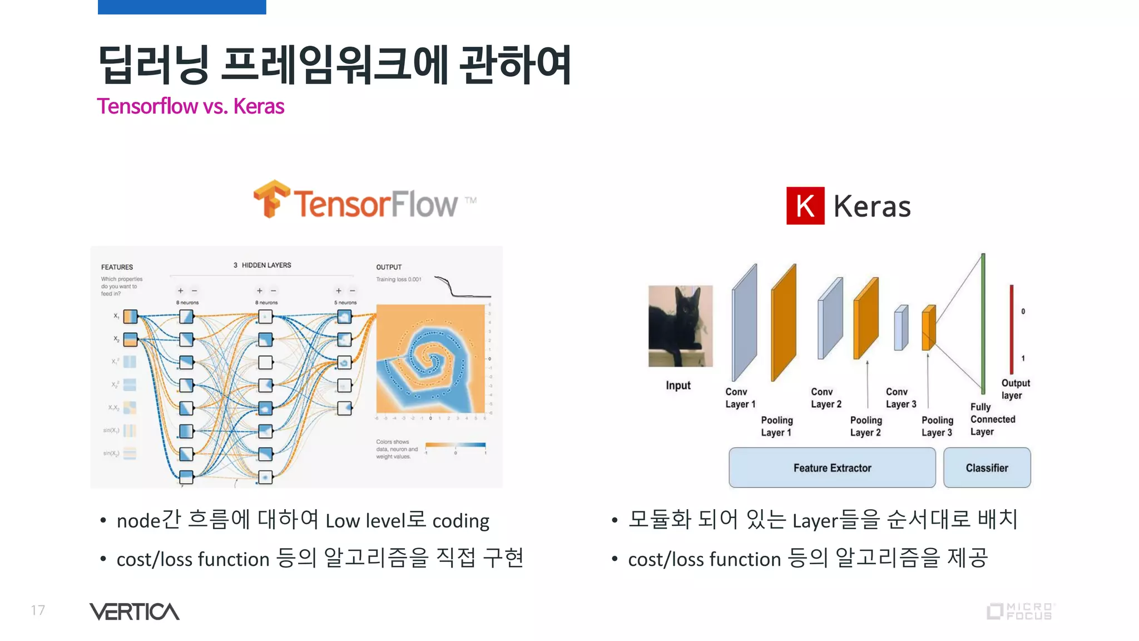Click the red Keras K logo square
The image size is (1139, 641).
point(805,206)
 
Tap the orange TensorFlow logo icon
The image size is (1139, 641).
point(271,199)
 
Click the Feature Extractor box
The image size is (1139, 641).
point(831,468)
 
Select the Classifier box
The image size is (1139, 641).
point(987,468)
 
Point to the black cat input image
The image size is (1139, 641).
point(680,326)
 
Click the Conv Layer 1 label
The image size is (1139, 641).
point(740,398)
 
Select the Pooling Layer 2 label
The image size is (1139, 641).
point(865,426)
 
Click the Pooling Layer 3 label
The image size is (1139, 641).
point(937,426)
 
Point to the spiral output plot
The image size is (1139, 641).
point(430,358)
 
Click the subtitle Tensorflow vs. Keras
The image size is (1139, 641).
point(190,106)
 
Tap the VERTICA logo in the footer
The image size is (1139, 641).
point(134,612)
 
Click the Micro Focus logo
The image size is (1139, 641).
point(1020,611)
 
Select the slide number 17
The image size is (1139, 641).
point(38,610)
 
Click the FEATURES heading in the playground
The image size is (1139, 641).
point(117,267)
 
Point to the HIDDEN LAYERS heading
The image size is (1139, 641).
point(263,265)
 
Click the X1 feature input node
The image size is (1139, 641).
point(130,317)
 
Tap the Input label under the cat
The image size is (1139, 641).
point(678,386)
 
